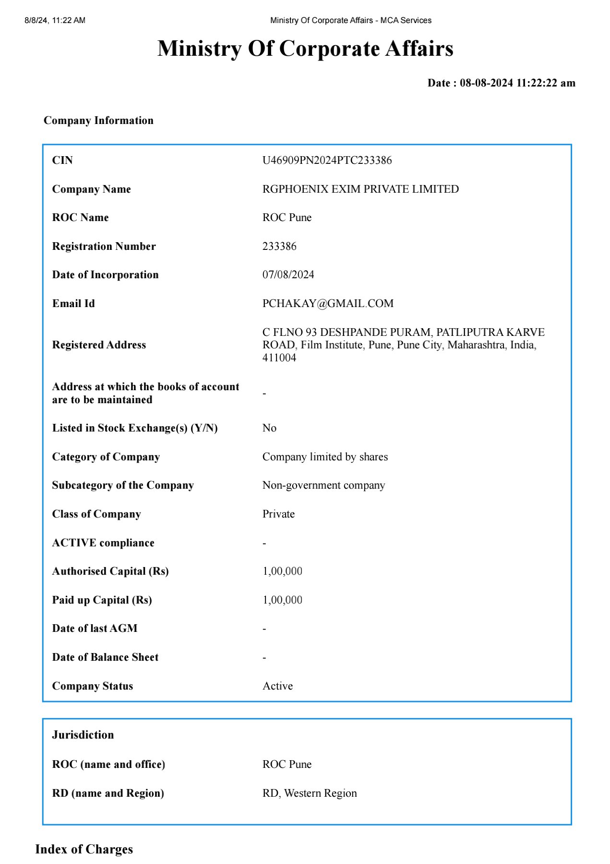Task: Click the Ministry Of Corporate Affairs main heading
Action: click(305, 49)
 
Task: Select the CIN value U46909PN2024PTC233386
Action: click(327, 160)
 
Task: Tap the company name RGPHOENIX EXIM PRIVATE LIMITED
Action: click(360, 189)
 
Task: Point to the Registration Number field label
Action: click(104, 246)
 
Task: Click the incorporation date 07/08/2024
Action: click(288, 274)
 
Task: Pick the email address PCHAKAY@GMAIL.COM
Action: click(328, 303)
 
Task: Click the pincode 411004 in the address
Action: click(279, 358)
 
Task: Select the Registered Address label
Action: click(99, 345)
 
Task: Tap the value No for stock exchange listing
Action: click(269, 428)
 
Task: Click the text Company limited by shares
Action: click(325, 457)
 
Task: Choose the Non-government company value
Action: click(323, 485)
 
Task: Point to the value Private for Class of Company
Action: click(278, 514)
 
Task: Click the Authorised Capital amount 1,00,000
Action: click(282, 571)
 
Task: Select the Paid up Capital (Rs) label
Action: click(102, 600)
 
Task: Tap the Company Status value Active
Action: click(277, 686)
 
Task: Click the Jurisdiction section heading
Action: click(83, 735)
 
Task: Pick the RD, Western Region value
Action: click(310, 793)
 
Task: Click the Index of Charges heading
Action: click(84, 849)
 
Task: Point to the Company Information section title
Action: click(98, 120)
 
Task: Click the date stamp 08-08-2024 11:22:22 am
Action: click(517, 83)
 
